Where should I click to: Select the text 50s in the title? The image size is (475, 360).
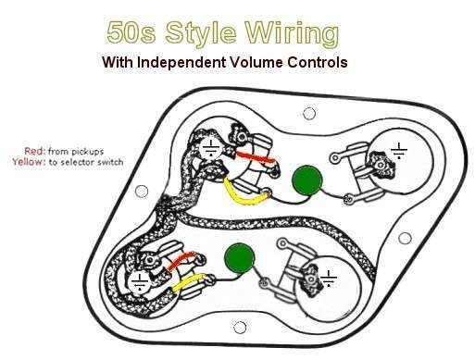(131, 32)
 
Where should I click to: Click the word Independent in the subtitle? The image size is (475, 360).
(181, 62)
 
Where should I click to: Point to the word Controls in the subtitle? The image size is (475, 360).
(318, 62)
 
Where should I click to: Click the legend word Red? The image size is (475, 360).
(35, 151)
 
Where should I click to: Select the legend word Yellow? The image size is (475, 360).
(29, 162)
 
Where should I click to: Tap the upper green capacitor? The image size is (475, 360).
(307, 180)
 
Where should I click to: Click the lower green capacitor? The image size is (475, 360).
(240, 258)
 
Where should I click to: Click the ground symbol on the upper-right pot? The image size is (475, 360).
(399, 151)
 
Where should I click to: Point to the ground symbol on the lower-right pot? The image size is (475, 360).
(329, 279)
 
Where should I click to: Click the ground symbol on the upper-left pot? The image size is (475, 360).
(211, 148)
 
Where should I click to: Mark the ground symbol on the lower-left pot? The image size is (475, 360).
(140, 282)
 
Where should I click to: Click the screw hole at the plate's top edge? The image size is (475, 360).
(309, 114)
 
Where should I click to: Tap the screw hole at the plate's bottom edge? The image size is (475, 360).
(240, 328)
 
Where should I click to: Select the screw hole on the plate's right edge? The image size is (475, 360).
(405, 238)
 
